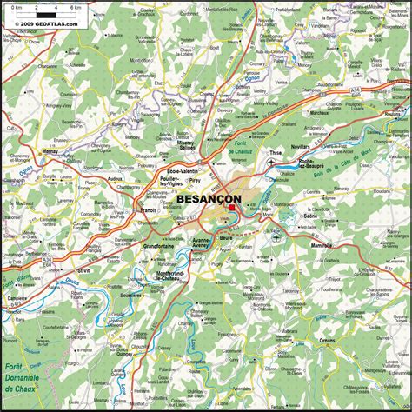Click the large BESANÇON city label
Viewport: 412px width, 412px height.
click(208, 199)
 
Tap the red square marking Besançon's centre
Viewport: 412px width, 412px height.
click(232, 207)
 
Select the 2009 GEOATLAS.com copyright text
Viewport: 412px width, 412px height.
click(41, 23)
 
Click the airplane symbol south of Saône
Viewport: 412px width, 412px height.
click(276, 236)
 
